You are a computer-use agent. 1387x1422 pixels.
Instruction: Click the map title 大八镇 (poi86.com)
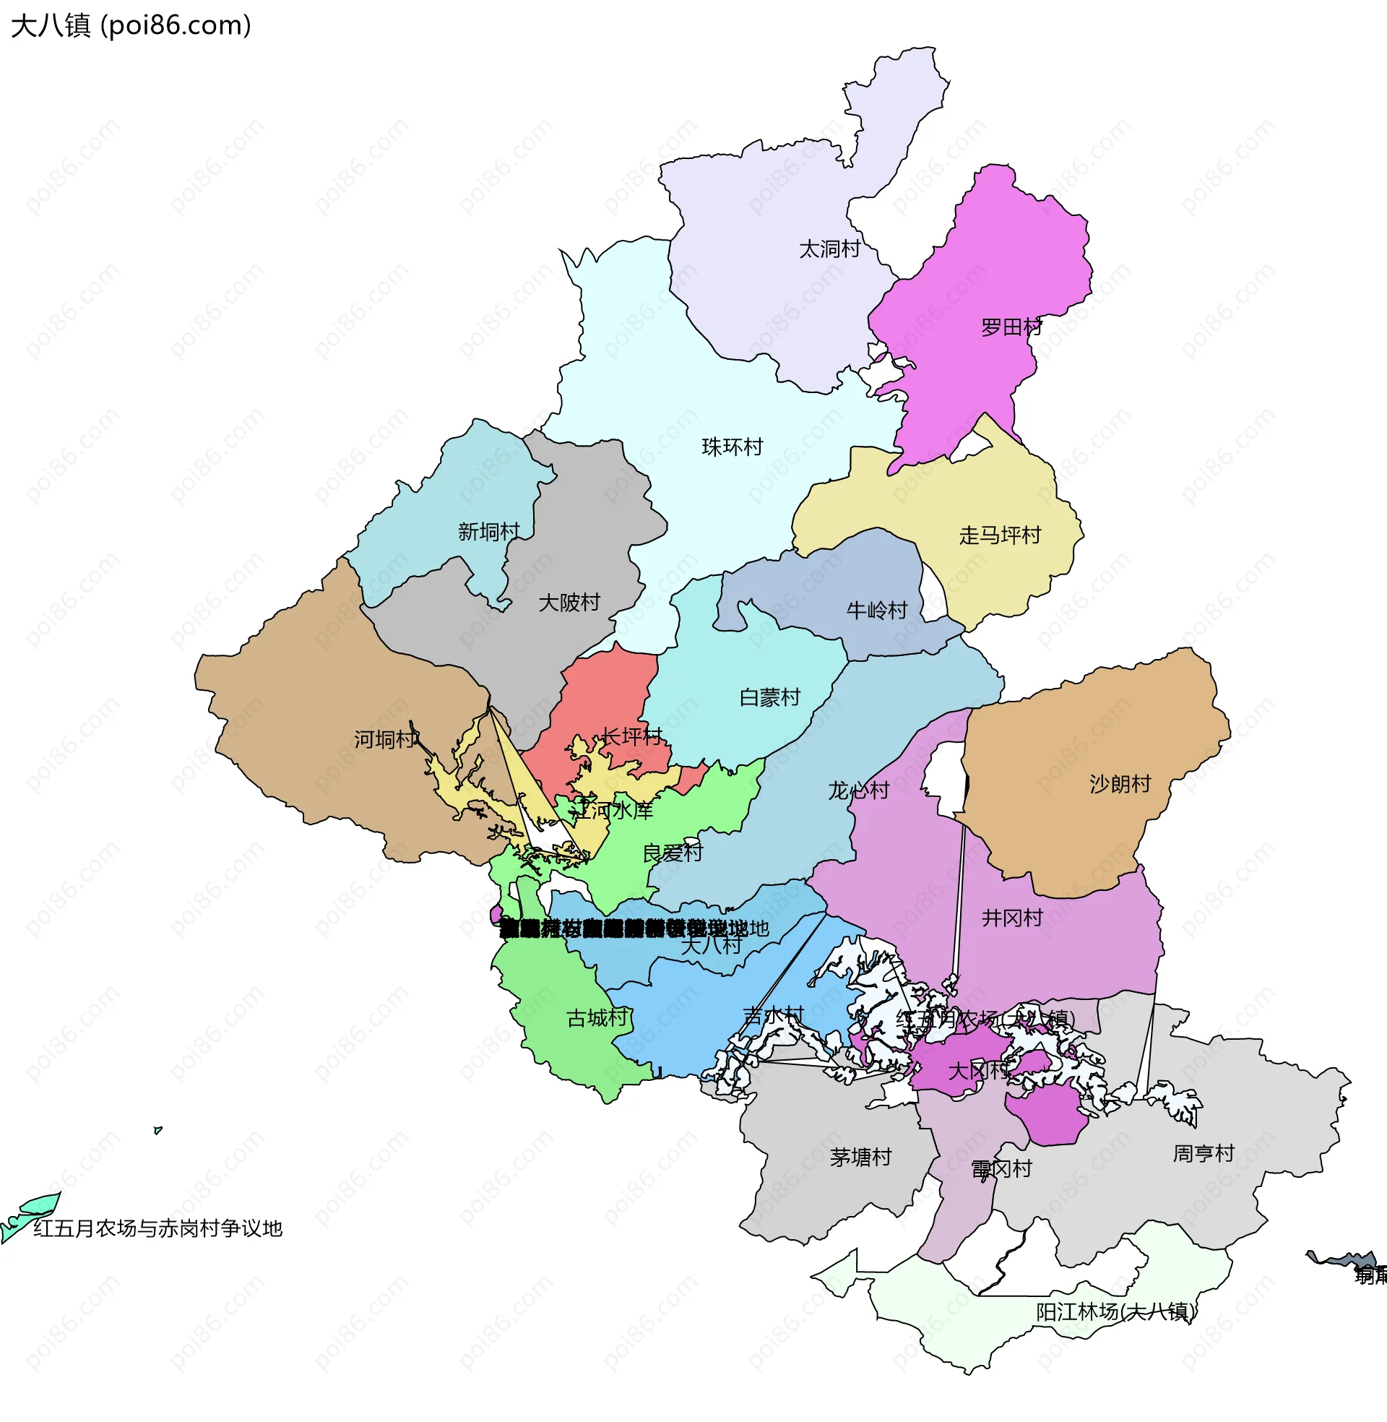[131, 25]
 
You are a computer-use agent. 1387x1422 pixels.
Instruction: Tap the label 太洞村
[830, 249]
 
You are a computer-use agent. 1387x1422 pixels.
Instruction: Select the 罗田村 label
[1012, 327]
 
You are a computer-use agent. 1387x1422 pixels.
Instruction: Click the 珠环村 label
[732, 447]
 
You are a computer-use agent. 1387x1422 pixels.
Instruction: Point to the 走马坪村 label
[1001, 535]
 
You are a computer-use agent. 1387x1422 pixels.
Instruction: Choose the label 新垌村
[489, 532]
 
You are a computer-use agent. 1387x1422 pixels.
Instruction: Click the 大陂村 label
[569, 603]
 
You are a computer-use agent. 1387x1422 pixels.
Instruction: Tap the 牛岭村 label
[877, 611]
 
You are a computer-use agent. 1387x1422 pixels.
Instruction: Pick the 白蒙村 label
[770, 698]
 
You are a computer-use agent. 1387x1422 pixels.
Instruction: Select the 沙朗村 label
[1120, 784]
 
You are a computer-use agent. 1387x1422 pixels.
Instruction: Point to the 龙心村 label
[859, 790]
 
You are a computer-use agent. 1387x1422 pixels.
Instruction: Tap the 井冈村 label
[1013, 918]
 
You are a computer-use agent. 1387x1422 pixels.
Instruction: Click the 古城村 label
[597, 1017]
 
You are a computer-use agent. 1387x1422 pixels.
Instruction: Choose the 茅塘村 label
[861, 1157]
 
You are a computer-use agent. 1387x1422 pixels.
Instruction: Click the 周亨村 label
[1204, 1153]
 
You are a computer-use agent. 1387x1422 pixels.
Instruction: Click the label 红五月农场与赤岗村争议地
[157, 1228]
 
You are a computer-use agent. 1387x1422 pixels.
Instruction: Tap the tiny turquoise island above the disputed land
[157, 1130]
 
